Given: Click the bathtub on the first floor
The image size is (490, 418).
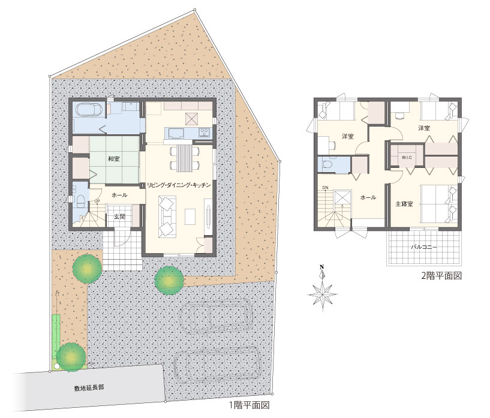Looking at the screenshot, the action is pyautogui.click(x=89, y=110).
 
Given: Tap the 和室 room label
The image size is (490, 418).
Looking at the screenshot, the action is pyautogui.click(x=114, y=159).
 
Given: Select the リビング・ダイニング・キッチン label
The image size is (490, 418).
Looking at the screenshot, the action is pyautogui.click(x=179, y=185).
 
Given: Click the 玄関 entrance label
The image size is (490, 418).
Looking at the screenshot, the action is pyautogui.click(x=119, y=216).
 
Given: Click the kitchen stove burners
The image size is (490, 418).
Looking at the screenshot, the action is pyautogui.click(x=205, y=133).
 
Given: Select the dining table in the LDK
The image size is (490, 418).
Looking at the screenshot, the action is pyautogui.click(x=184, y=158).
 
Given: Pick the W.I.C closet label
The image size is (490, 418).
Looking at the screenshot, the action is pyautogui.click(x=407, y=158).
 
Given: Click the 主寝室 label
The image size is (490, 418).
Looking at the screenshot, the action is pyautogui.click(x=404, y=204).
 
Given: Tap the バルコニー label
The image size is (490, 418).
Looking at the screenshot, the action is pyautogui.click(x=424, y=247).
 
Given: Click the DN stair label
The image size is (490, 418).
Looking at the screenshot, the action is pyautogui.click(x=325, y=188).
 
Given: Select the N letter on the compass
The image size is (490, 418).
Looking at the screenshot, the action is pyautogui.click(x=321, y=267).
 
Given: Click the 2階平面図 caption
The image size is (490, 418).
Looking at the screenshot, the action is pyautogui.click(x=441, y=275).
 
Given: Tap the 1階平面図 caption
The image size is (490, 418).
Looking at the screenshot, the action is pyautogui.click(x=249, y=405).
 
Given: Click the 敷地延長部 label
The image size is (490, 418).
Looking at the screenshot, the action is pyautogui.click(x=89, y=387).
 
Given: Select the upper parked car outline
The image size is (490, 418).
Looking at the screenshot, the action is pyautogui.click(x=216, y=316).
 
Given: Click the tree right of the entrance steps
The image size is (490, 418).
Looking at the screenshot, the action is pyautogui.click(x=169, y=280).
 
